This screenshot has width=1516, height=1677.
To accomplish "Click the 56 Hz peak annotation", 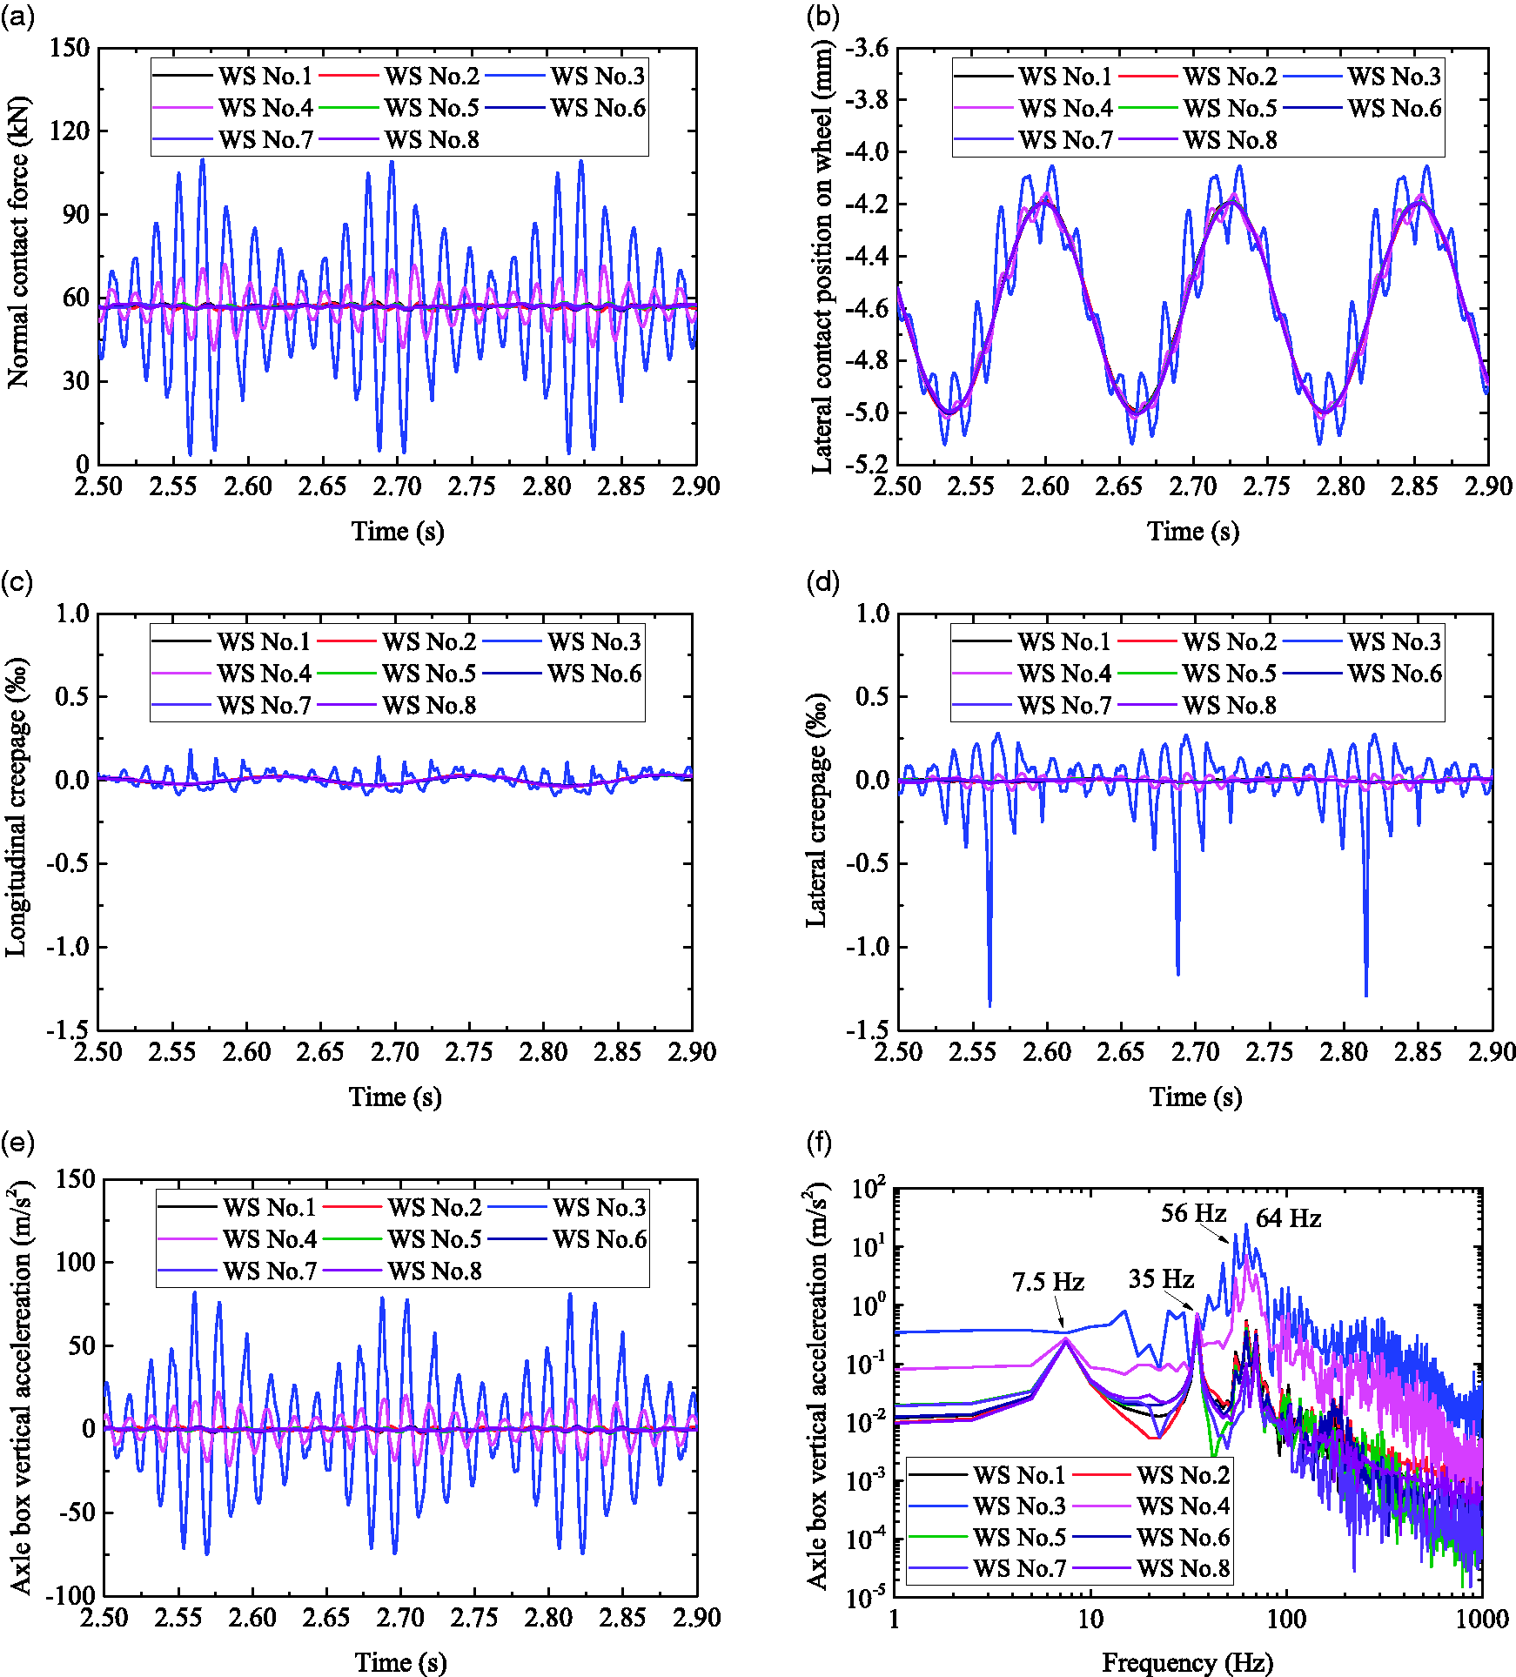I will click(x=1193, y=1213).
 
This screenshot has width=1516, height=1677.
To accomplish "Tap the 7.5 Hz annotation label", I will click(x=1048, y=1282).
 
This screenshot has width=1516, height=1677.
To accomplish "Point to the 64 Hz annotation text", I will click(x=1288, y=1218).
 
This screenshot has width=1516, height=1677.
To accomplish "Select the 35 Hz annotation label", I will click(x=1161, y=1278).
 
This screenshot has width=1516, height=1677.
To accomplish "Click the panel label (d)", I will click(x=823, y=582).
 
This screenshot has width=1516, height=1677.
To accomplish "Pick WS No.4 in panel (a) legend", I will click(x=265, y=108).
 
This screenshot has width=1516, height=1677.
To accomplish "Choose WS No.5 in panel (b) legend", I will click(x=1230, y=108).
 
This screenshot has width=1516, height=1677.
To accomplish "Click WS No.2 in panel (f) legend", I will click(x=1183, y=1474).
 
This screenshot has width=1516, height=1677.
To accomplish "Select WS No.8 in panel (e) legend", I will click(x=434, y=1271).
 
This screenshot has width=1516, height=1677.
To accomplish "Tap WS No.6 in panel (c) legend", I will click(x=594, y=673).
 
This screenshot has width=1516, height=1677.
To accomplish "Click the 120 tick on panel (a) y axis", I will click(x=69, y=131).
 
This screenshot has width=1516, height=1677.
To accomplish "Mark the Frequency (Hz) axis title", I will click(x=1187, y=1662).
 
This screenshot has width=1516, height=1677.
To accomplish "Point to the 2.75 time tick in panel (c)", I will click(x=469, y=1052).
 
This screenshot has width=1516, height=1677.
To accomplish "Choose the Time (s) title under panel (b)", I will click(x=1192, y=531).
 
